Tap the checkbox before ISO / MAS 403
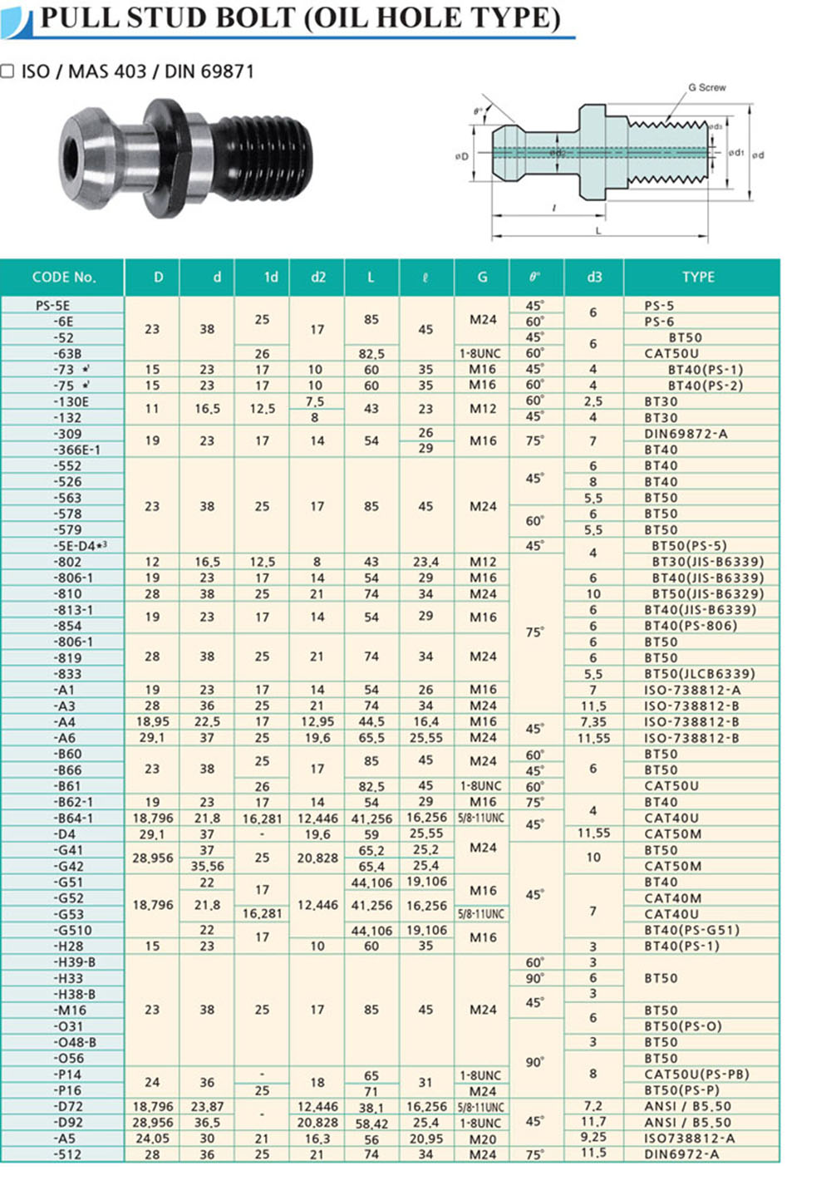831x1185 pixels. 7,71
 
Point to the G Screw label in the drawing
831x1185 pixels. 706,87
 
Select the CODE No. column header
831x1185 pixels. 64,277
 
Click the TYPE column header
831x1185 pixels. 698,277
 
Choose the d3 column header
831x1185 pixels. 594,277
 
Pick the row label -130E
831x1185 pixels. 71,401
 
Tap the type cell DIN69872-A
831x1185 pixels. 686,434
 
